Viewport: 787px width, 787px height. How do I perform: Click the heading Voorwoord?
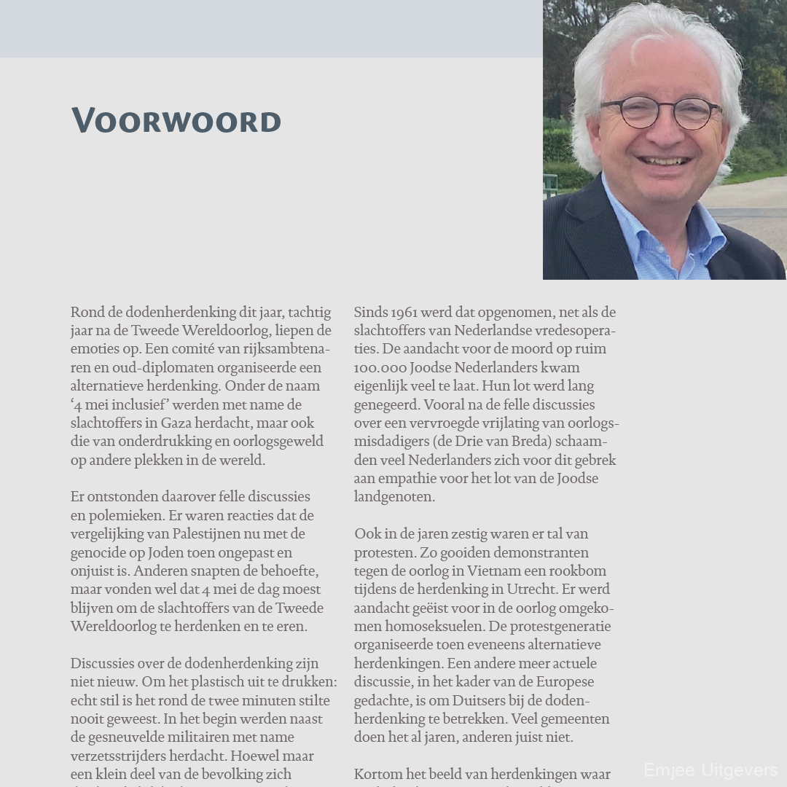[176, 120]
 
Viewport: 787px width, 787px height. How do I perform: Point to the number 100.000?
[382, 368]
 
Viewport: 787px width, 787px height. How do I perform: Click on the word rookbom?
[578, 571]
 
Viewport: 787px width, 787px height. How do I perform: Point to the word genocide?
[98, 553]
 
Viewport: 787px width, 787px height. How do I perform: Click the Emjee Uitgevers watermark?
[710, 770]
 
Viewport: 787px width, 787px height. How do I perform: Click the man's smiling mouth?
[665, 161]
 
